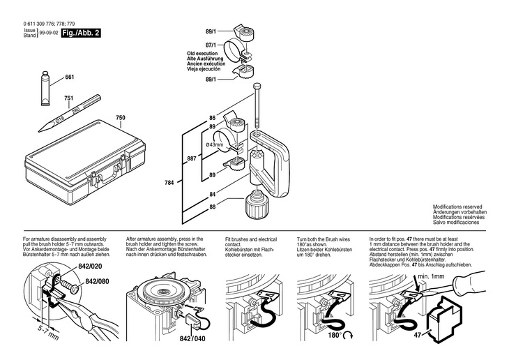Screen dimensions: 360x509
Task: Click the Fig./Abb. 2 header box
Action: click(x=79, y=33)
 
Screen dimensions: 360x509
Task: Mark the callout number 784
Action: click(x=169, y=183)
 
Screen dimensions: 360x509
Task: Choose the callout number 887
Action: click(x=191, y=158)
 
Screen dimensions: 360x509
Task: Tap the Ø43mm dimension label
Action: click(x=213, y=144)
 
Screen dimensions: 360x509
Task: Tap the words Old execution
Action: click(x=203, y=53)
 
